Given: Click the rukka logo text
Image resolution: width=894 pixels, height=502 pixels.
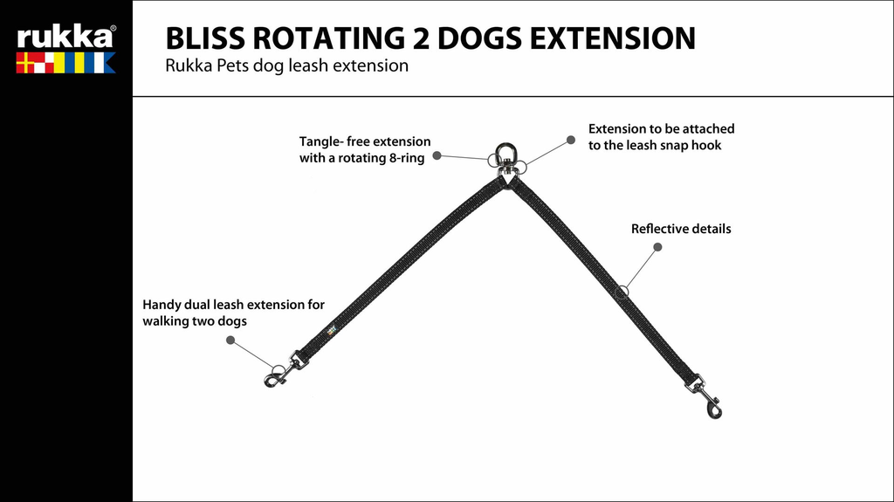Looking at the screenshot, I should [65, 37].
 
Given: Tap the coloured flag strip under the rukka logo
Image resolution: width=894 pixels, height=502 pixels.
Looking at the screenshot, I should [65, 63].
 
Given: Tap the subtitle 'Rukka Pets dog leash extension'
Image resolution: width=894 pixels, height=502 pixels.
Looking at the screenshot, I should [286, 66].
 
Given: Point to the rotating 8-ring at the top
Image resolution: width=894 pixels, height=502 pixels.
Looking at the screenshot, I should [506, 161].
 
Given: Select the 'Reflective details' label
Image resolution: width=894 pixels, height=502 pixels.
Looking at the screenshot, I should [681, 229].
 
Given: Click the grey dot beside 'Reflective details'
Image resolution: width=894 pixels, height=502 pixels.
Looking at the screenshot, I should [657, 247].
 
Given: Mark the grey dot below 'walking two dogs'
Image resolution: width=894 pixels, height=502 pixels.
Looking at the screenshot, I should [230, 340].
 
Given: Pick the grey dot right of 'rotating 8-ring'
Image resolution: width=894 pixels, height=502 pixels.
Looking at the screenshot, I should [437, 156].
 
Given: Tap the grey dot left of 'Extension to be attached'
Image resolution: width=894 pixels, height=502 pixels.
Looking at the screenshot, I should [571, 139].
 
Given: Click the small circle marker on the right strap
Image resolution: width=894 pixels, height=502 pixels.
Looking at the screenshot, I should [622, 292].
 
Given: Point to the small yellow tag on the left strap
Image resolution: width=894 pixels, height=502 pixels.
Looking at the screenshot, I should [331, 329].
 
